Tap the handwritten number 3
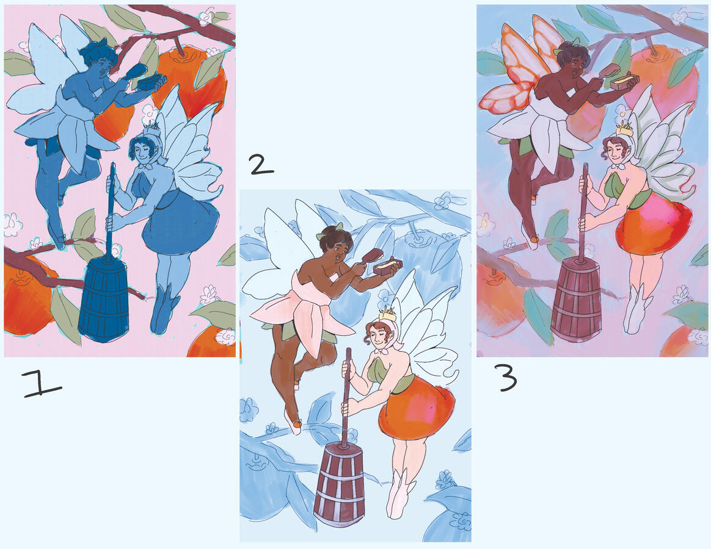(508, 379)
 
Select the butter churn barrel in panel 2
(339, 486)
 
